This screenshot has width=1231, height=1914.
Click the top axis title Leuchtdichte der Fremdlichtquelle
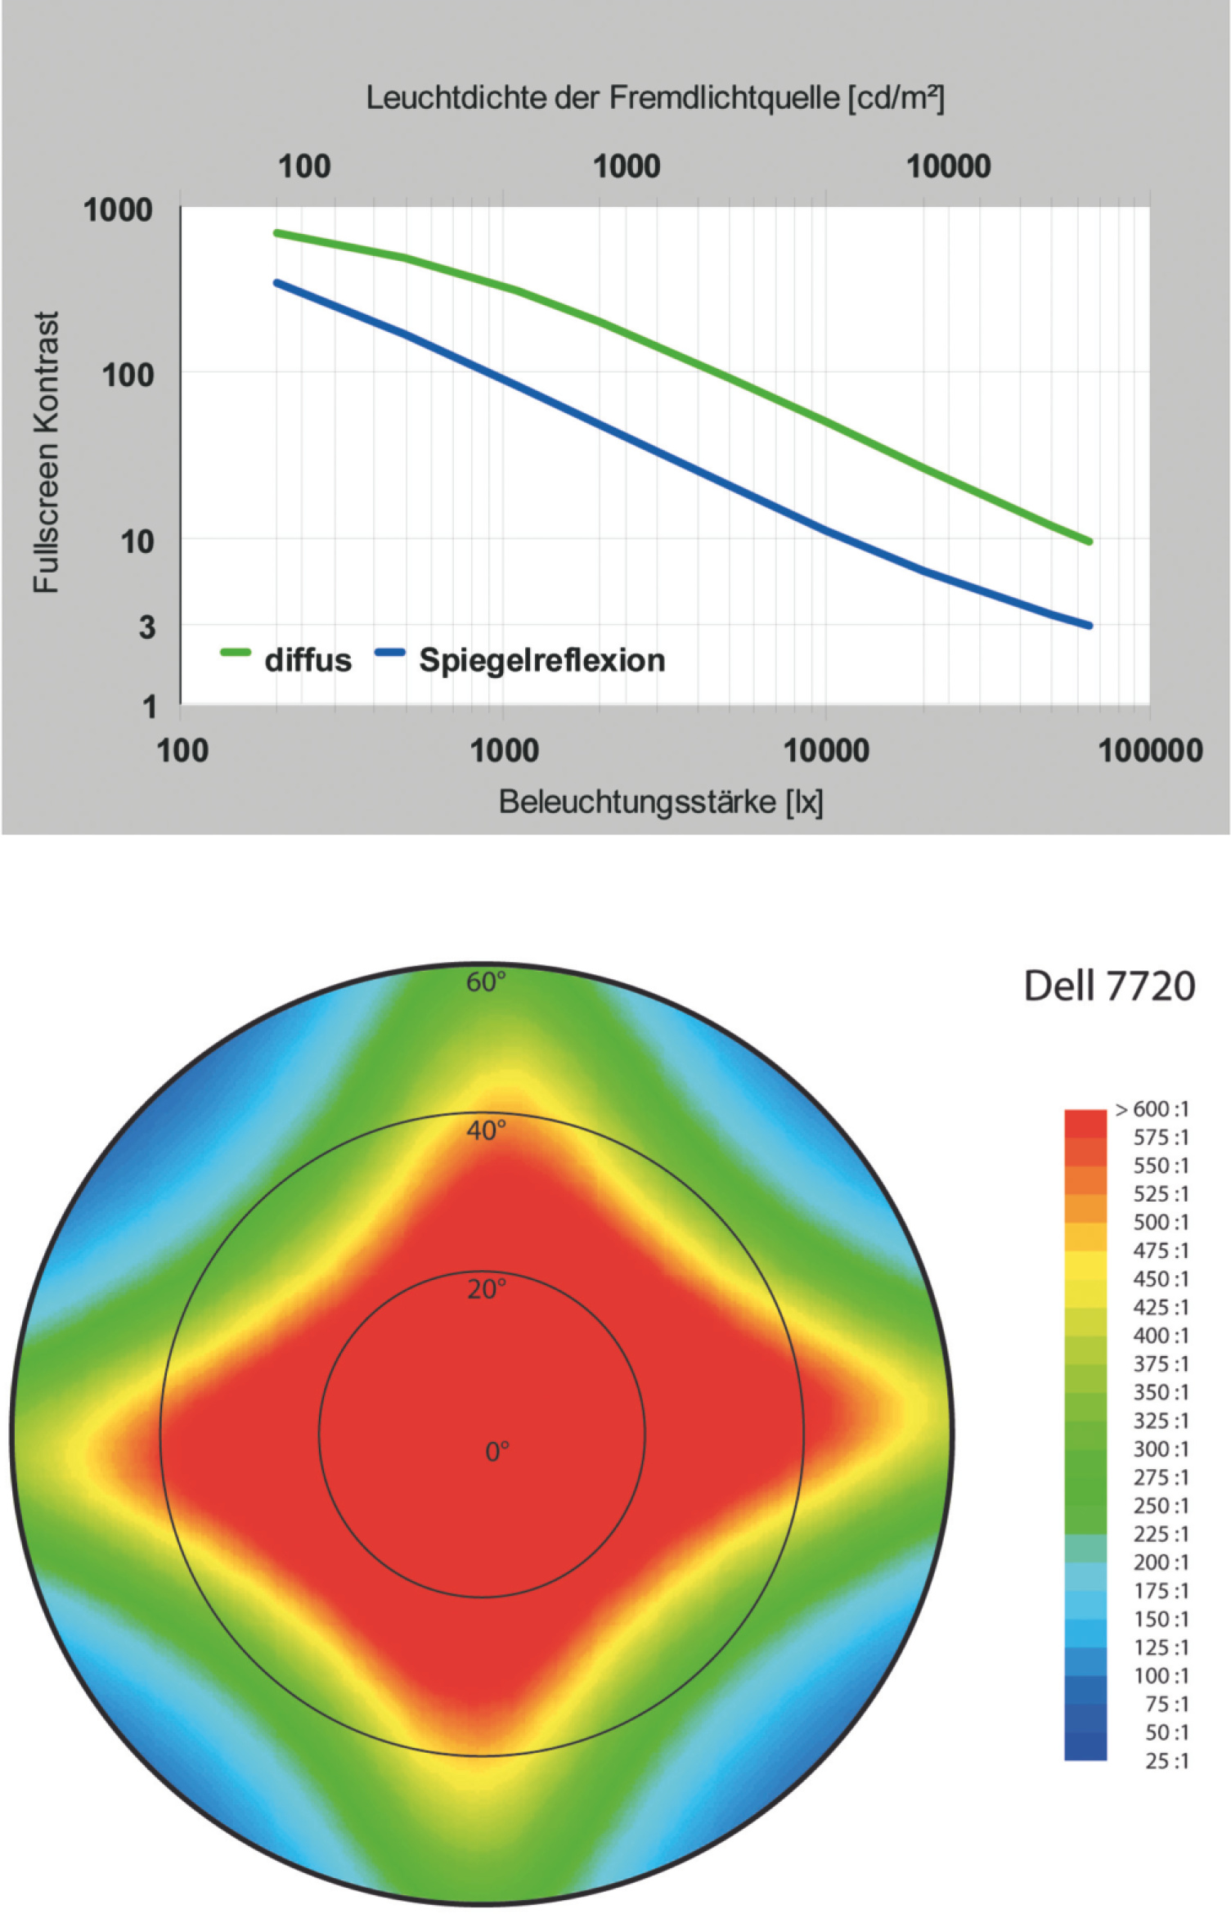tap(654, 98)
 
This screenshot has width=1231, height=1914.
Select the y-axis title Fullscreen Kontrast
tap(47, 452)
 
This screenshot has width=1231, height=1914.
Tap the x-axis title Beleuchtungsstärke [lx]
tap(661, 802)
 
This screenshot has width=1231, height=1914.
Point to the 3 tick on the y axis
tap(146, 627)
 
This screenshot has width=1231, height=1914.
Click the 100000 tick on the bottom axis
tap(1150, 750)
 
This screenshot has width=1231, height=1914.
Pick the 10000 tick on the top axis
tap(948, 167)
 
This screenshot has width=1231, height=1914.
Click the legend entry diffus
tap(308, 660)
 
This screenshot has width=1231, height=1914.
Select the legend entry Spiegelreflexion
tap(541, 660)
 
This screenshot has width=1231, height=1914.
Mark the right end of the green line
tap(1089, 541)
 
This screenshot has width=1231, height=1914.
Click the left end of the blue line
tap(276, 283)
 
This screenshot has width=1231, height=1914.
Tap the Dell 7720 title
tap(1109, 986)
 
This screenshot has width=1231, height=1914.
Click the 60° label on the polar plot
tap(486, 982)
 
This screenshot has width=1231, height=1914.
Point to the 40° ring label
tap(486, 1130)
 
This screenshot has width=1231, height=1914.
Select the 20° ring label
tap(486, 1290)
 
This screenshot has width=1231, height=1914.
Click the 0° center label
tap(496, 1452)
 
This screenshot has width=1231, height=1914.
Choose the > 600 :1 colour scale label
tap(1152, 1109)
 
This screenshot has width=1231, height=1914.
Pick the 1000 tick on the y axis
tap(118, 210)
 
